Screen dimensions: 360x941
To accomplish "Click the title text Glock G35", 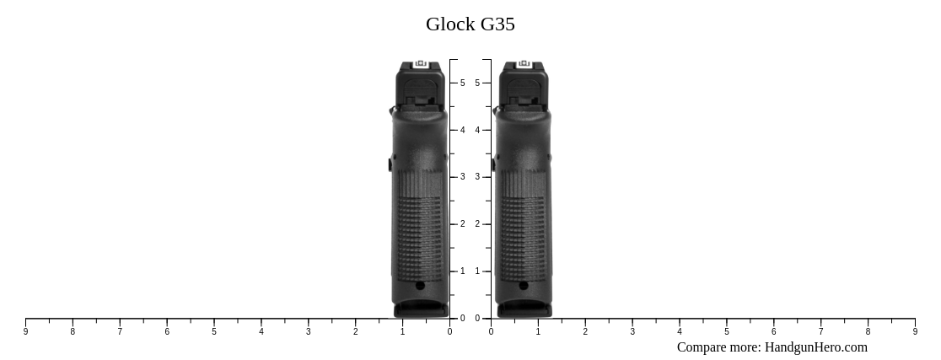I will (470, 24).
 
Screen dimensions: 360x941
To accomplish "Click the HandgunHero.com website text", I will (815, 347).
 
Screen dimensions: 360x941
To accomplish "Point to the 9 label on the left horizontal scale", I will (25, 332).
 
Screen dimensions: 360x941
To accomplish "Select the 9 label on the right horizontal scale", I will (915, 332).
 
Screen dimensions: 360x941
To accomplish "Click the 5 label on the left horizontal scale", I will (214, 332).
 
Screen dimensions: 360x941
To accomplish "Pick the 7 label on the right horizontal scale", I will (820, 332).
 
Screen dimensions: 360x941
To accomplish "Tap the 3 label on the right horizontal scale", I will (632, 332).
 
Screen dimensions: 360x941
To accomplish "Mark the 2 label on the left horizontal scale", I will (355, 332).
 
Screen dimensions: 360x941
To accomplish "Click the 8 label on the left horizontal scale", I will (73, 332).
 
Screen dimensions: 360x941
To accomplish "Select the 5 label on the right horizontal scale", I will (726, 332).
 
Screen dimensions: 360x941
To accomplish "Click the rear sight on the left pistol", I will (421, 64).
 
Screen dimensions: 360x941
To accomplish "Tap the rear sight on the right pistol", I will (524, 64).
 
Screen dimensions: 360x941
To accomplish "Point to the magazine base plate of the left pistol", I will (421, 310).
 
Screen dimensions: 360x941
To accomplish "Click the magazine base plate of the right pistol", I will (524, 310).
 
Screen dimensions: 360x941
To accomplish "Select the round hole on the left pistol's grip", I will (420, 286).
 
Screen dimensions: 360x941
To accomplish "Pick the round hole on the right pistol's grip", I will (524, 286).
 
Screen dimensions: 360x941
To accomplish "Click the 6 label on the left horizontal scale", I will (167, 332).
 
